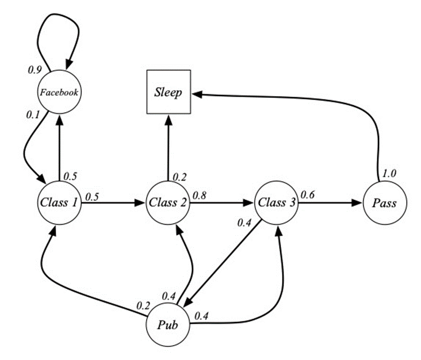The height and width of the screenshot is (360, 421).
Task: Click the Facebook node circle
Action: [59, 92]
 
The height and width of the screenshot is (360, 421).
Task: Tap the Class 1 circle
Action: [59, 203]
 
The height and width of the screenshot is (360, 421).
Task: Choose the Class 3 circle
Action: [276, 203]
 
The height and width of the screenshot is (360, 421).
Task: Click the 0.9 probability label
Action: [35, 70]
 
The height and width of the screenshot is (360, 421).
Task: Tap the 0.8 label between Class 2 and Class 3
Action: [200, 195]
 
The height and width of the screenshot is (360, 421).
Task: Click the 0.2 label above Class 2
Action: [181, 177]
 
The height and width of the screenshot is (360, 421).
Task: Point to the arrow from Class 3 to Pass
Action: [331, 203]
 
